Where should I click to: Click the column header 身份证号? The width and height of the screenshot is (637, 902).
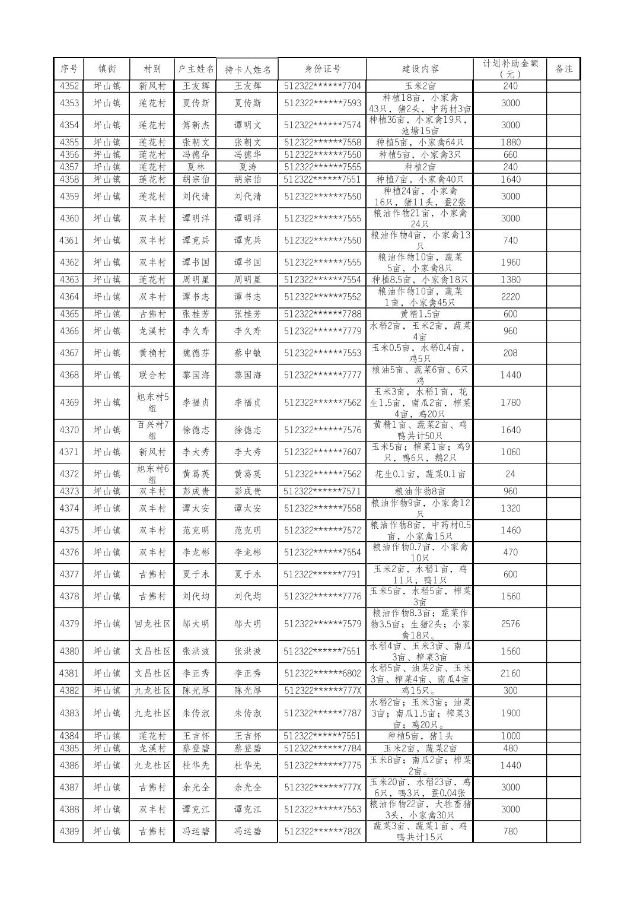(x=322, y=69)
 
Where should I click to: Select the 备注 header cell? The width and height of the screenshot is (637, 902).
(x=563, y=69)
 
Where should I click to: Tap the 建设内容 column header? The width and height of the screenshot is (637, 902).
(x=419, y=69)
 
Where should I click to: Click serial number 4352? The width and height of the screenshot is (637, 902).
(x=69, y=86)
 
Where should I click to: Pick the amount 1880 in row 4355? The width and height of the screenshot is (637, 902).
(x=510, y=142)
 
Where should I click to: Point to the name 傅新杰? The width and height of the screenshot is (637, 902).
(x=196, y=125)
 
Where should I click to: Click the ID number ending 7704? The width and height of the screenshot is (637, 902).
(x=322, y=86)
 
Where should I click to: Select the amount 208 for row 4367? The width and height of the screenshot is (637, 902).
(x=510, y=353)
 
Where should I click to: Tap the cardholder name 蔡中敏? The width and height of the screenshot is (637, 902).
(x=247, y=353)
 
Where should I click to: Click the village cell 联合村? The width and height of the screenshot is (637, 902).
(x=152, y=375)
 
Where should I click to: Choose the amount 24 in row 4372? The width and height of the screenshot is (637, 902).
(x=510, y=474)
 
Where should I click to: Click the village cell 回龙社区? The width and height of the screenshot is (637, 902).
(x=152, y=624)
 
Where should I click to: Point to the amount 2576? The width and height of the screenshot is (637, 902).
(x=510, y=624)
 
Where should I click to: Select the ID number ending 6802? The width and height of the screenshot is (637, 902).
(x=322, y=674)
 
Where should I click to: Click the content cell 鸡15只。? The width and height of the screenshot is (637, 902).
(x=419, y=691)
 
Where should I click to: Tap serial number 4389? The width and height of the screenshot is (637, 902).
(x=69, y=831)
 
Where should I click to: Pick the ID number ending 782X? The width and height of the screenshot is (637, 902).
(x=322, y=831)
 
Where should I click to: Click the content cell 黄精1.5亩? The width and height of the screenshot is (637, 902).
(x=419, y=314)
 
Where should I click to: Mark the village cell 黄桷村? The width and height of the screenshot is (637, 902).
(x=152, y=353)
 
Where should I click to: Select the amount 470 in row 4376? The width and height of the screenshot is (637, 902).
(x=510, y=552)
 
